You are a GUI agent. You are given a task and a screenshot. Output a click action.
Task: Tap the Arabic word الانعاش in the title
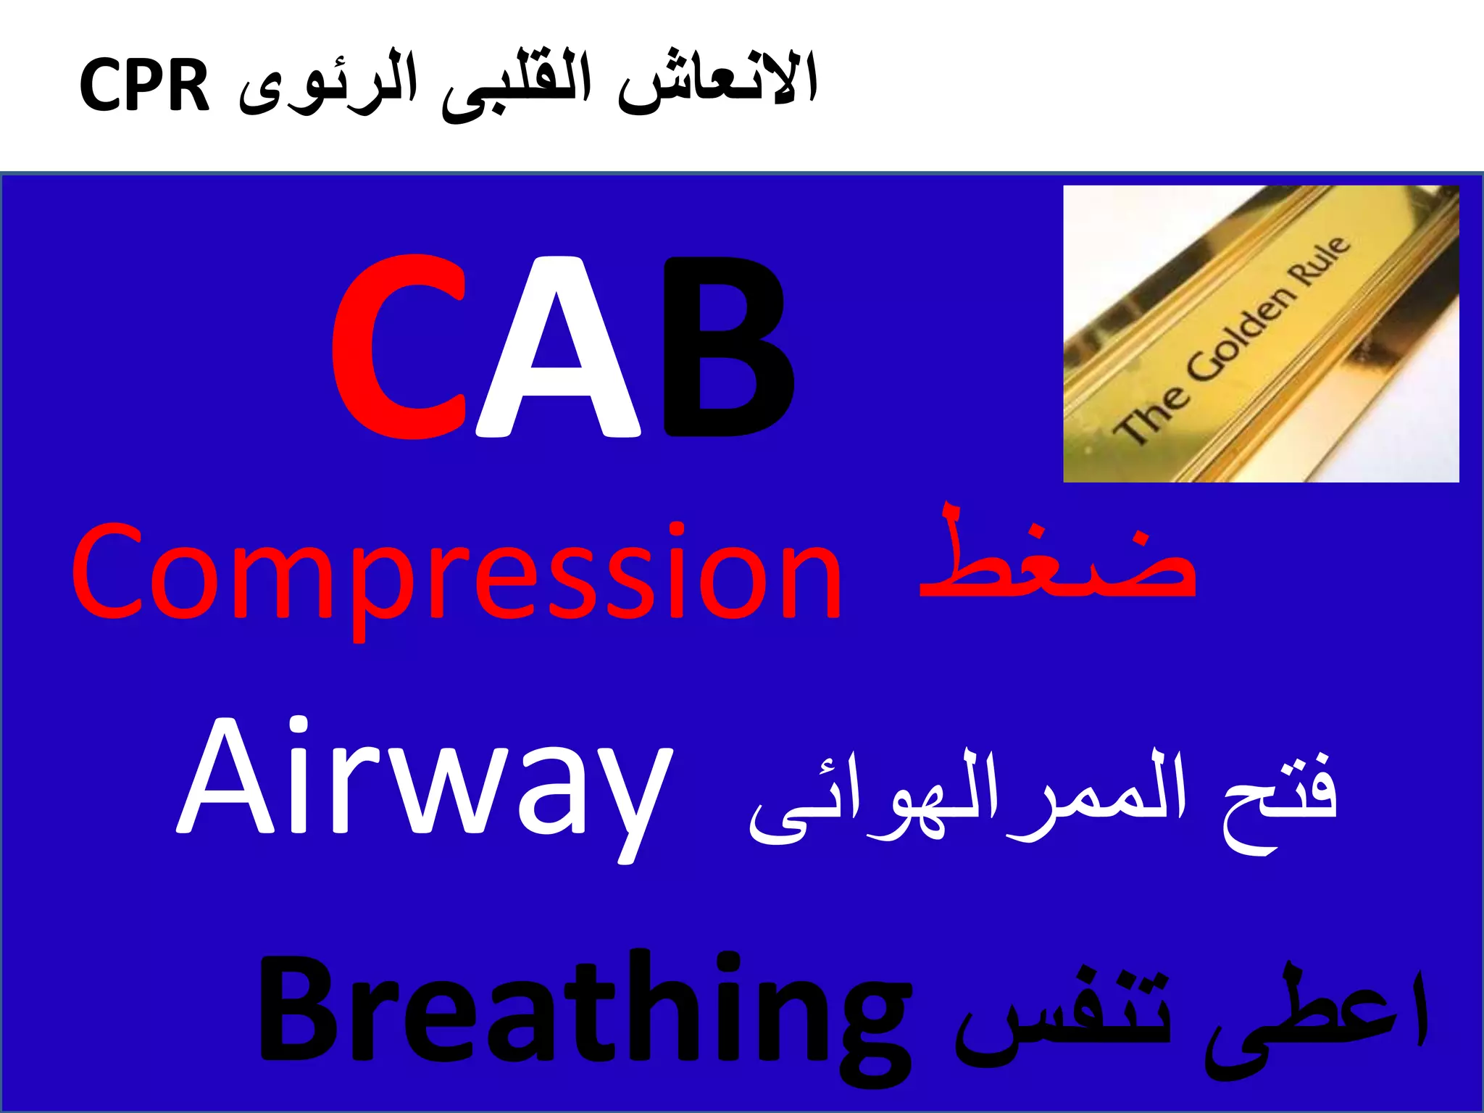click(717, 83)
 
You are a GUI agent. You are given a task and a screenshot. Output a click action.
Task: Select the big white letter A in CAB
click(558, 348)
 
